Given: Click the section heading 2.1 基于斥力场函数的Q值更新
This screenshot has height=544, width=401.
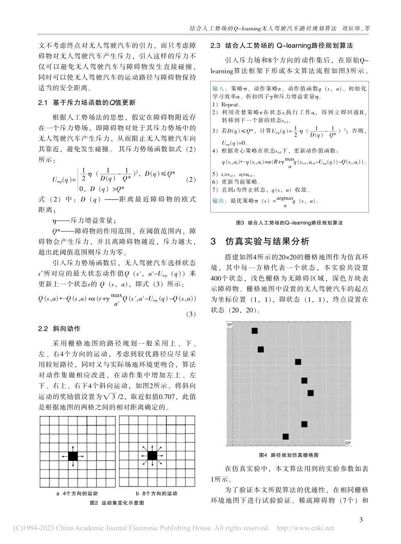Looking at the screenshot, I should pyautogui.click(x=80, y=102).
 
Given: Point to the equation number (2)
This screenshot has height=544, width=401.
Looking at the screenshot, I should pyautogui.click(x=191, y=180).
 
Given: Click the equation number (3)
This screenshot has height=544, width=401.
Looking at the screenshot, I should pyautogui.click(x=191, y=314).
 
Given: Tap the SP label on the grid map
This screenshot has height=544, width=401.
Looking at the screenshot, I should pyautogui.click(x=230, y=324).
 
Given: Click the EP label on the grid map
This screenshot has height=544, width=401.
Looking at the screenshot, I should pyautogui.click(x=348, y=444).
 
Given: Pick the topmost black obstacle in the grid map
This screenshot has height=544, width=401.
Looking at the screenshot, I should pyautogui.click(x=255, y=331).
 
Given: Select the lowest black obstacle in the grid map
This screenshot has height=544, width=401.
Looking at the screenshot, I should pyautogui.click(x=285, y=436).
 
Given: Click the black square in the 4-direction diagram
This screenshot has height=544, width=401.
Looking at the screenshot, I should pyautogui.click(x=73, y=456).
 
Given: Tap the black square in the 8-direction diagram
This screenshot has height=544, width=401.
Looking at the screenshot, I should pyautogui.click(x=152, y=455).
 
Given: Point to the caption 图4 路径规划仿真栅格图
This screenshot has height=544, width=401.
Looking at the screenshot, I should pyautogui.click(x=288, y=455).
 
